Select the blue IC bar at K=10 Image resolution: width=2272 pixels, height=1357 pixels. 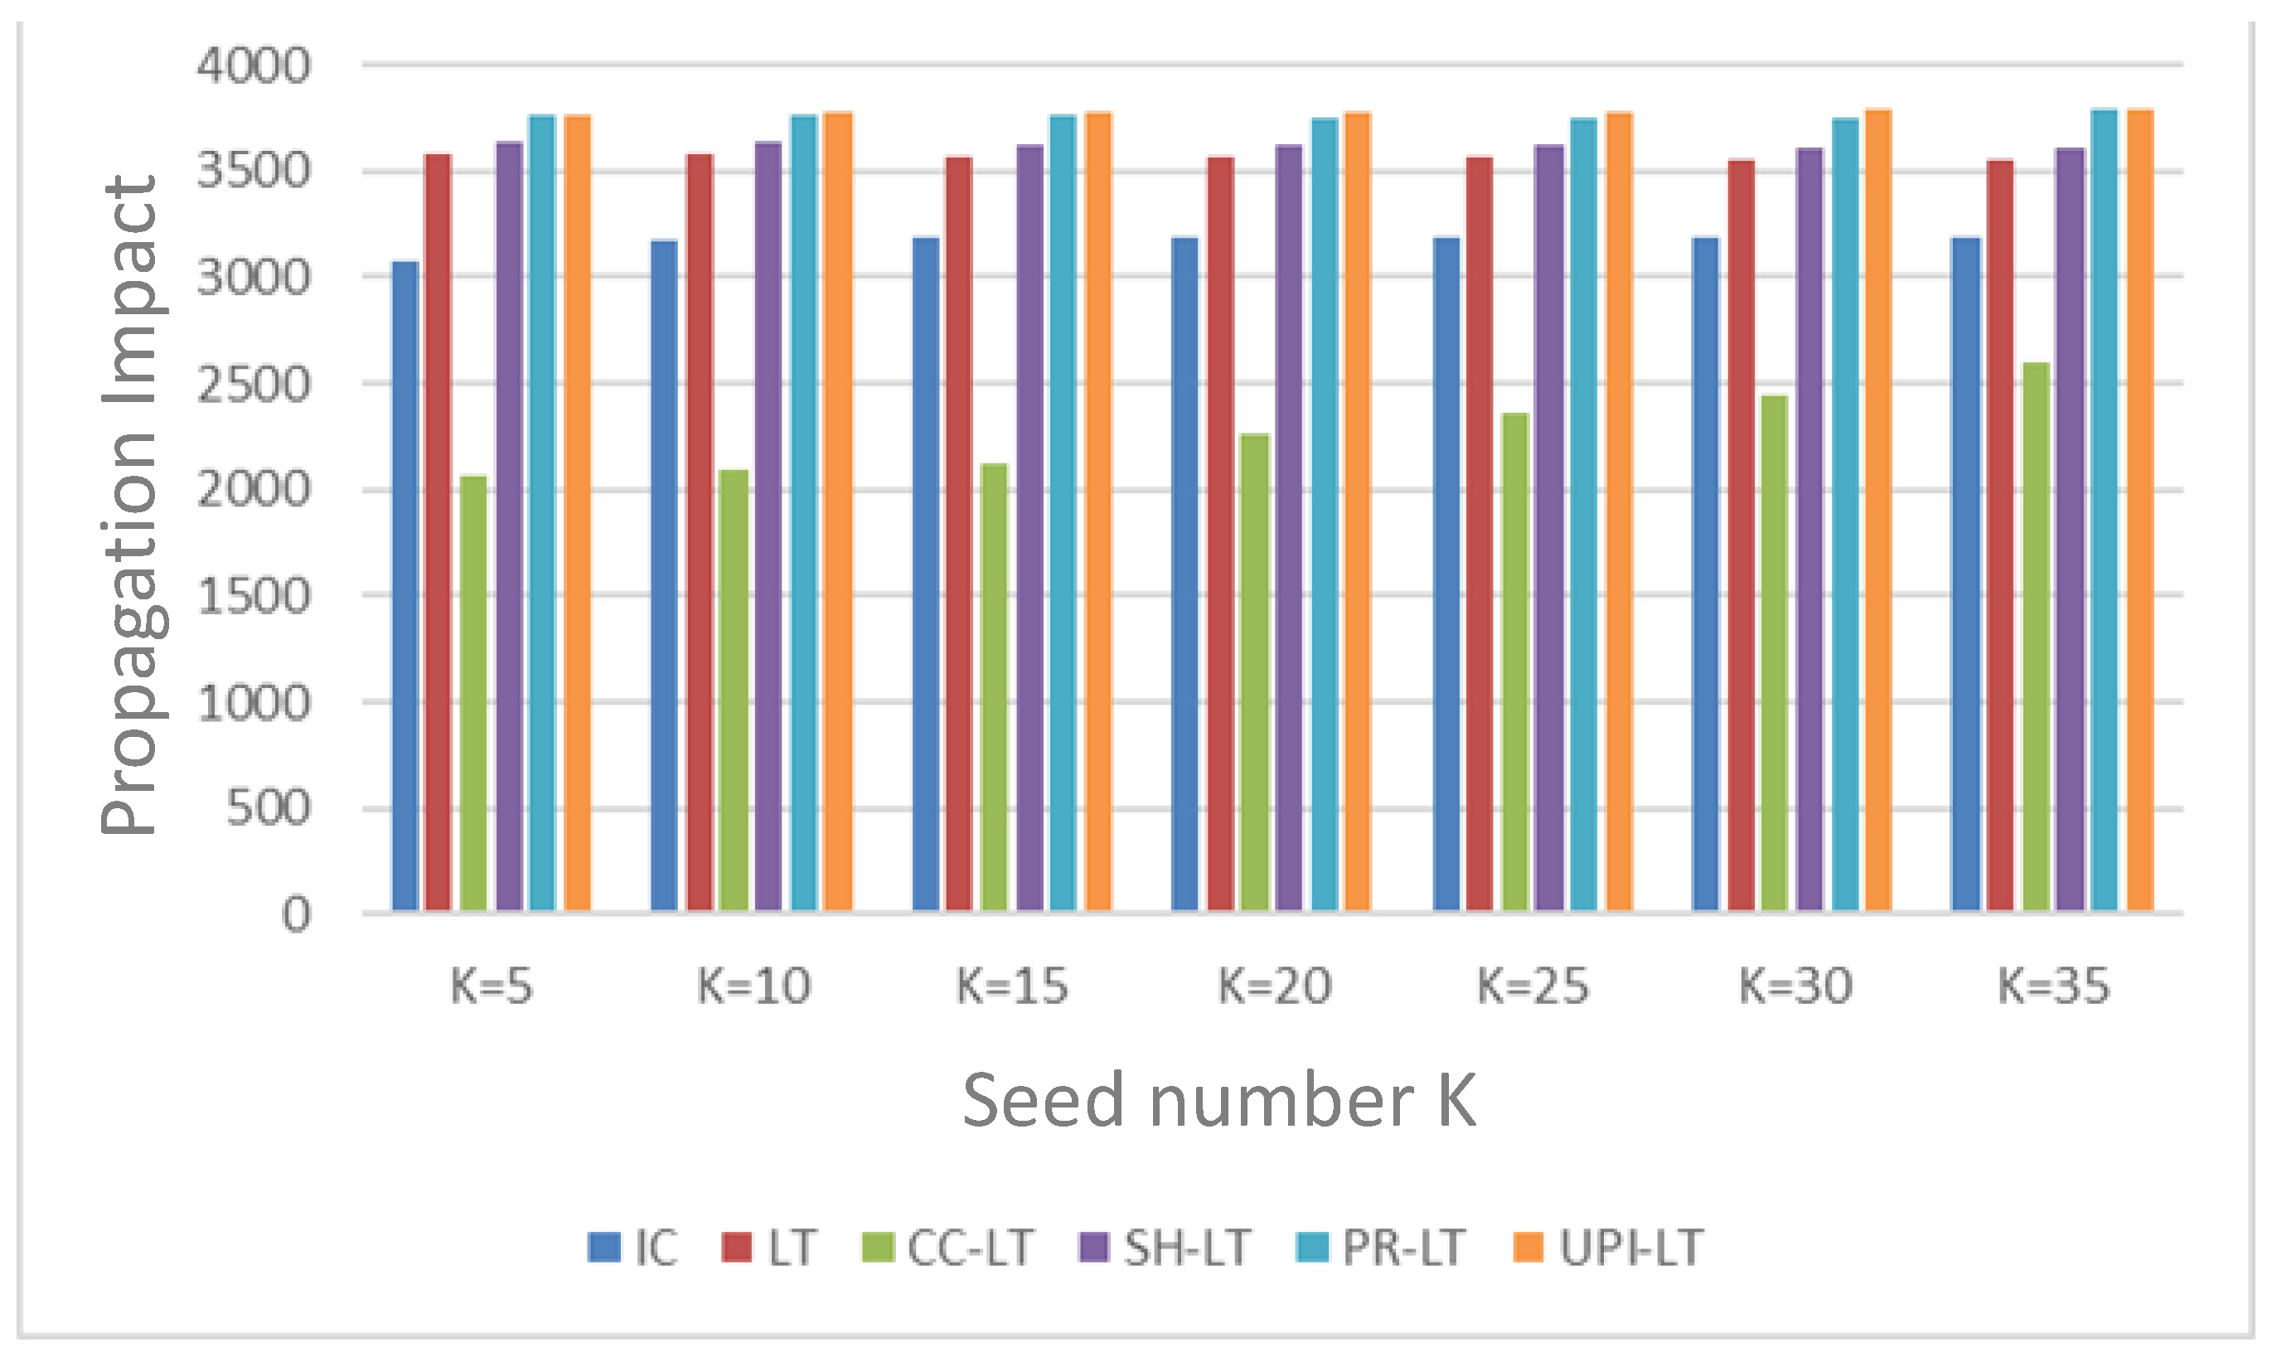pyautogui.click(x=664, y=575)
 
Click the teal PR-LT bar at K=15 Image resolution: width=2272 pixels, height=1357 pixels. pyautogui.click(x=1063, y=512)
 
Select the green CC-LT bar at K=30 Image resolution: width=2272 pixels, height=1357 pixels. pyautogui.click(x=1774, y=653)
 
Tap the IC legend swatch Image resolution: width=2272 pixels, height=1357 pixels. pyautogui.click(x=604, y=1248)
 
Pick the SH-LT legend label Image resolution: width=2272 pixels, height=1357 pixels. pyautogui.click(x=1187, y=1248)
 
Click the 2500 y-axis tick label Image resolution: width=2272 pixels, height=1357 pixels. pyautogui.click(x=254, y=385)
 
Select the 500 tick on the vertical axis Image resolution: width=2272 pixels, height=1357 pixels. pyautogui.click(x=267, y=808)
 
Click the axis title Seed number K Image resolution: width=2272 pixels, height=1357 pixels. pyautogui.click(x=1218, y=1100)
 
